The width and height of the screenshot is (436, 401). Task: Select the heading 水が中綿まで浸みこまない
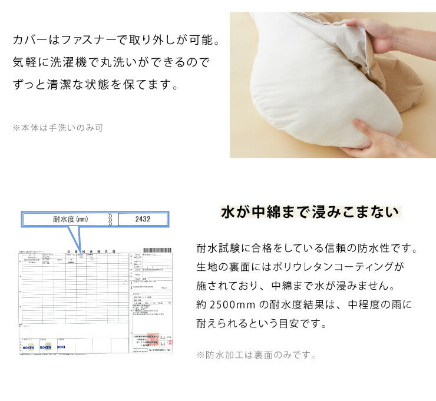pyautogui.click(x=309, y=211)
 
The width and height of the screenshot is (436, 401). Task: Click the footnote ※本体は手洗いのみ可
pyautogui.click(x=57, y=127)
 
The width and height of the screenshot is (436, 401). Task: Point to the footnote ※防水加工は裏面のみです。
pyautogui.click(x=256, y=355)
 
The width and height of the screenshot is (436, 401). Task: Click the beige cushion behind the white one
pyautogui.click(x=407, y=88)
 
